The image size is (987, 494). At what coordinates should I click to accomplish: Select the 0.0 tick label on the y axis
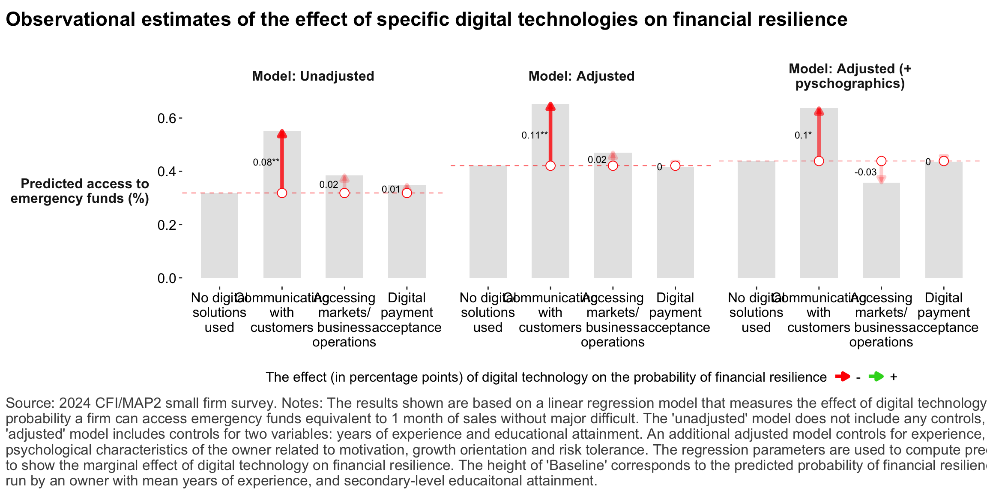(167, 278)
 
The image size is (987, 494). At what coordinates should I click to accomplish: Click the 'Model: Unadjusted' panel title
(313, 76)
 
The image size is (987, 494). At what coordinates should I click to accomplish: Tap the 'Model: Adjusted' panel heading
(581, 76)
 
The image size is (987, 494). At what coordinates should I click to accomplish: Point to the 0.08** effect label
(266, 162)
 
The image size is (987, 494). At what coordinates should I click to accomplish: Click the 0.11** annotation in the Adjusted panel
(534, 136)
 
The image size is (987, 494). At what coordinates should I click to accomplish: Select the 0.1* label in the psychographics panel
(803, 136)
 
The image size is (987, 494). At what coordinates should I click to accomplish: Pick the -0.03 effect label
(865, 172)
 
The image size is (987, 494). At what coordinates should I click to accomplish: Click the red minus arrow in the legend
(842, 377)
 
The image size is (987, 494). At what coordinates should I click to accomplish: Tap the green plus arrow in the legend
(876, 377)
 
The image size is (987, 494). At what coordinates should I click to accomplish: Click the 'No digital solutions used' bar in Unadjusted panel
(219, 236)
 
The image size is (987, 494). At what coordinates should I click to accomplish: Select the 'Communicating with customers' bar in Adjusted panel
(550, 223)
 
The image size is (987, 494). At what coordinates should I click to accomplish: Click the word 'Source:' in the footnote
(30, 403)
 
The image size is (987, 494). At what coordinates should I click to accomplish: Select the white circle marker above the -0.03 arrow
(881, 161)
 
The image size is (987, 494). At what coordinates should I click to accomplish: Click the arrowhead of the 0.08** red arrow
(282, 134)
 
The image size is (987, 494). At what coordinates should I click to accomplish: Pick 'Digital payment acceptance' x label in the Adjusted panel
(675, 313)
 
